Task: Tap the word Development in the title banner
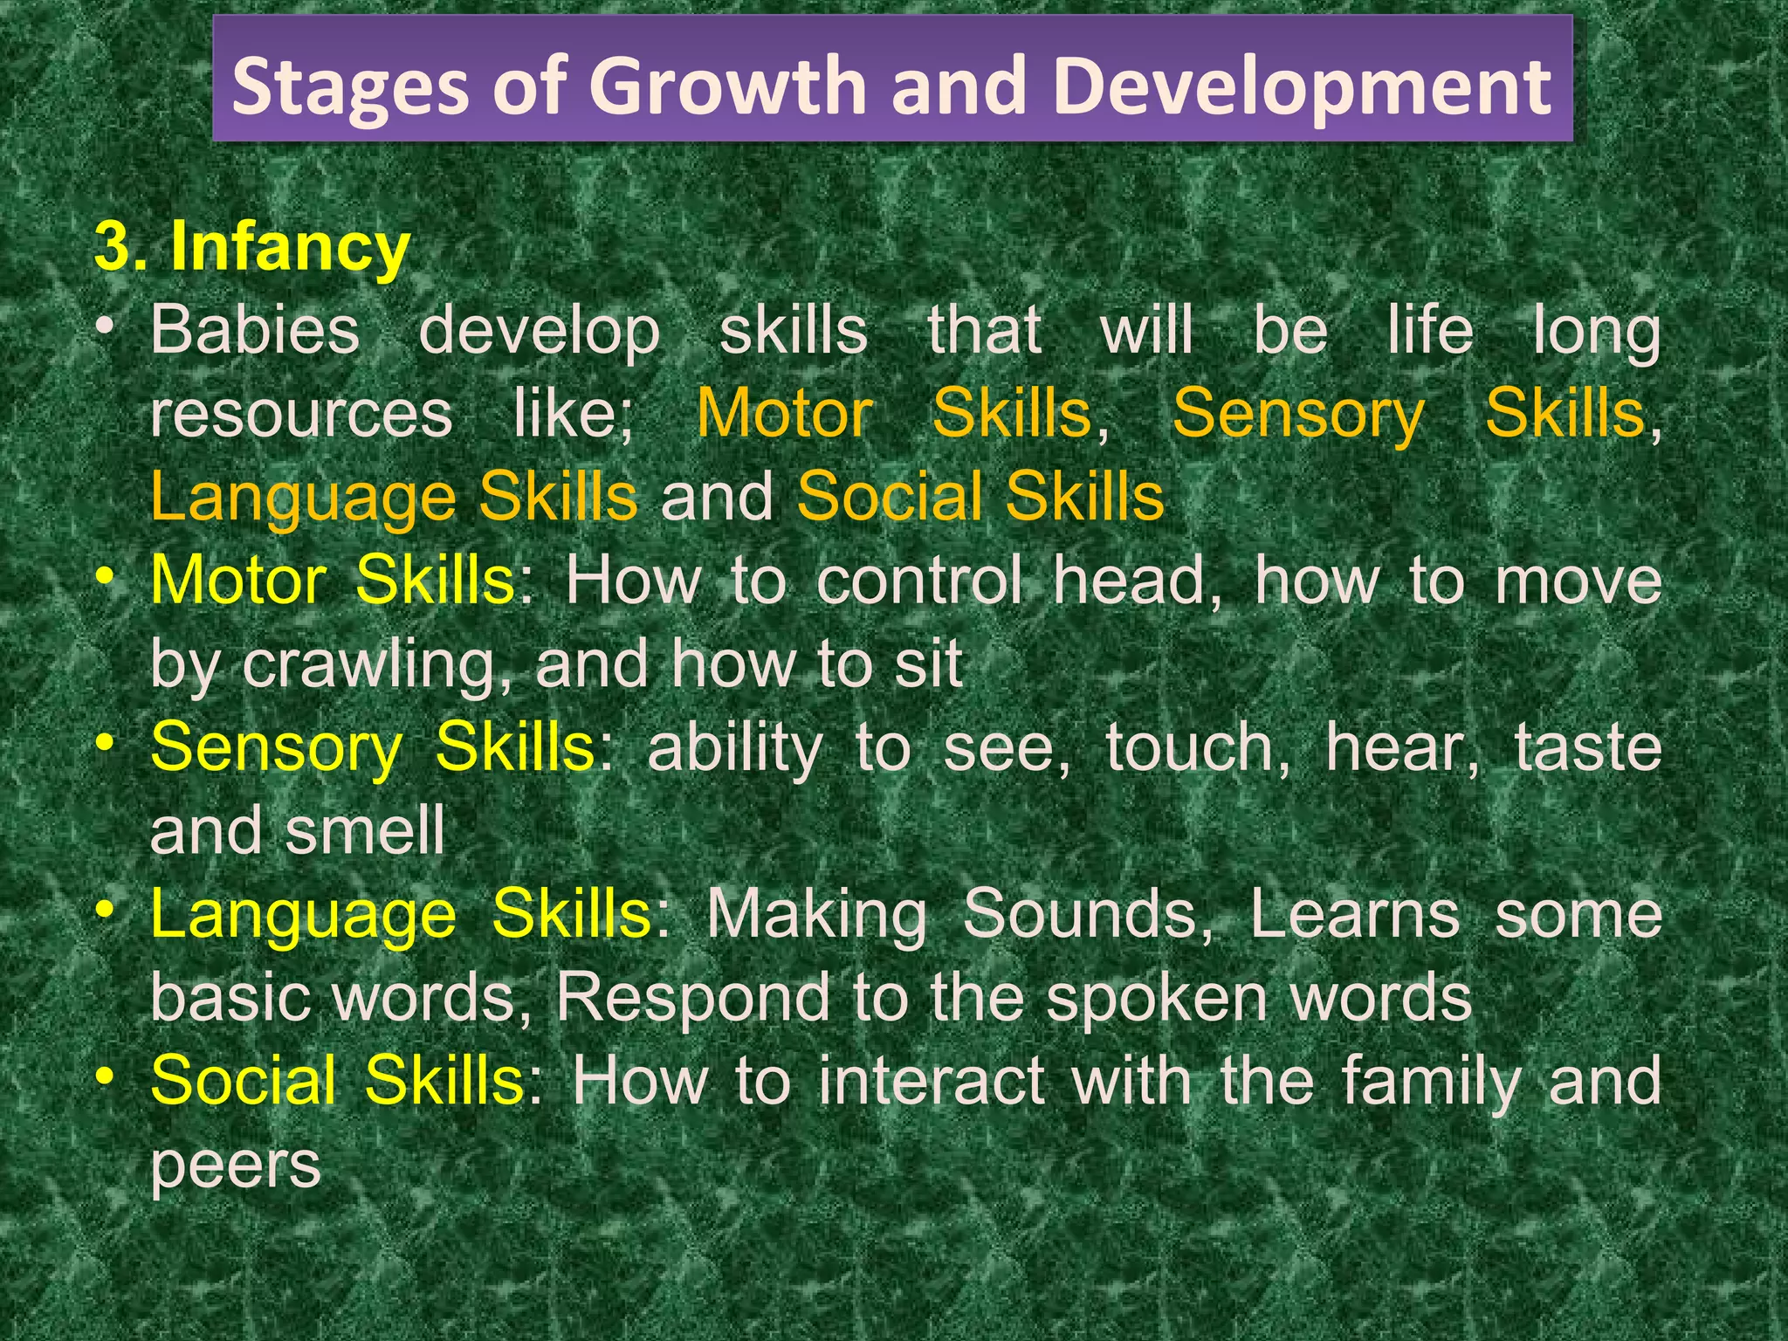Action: [x=1302, y=86]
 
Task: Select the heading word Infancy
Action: [x=290, y=247]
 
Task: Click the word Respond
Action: [x=694, y=997]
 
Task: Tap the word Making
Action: [x=816, y=914]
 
